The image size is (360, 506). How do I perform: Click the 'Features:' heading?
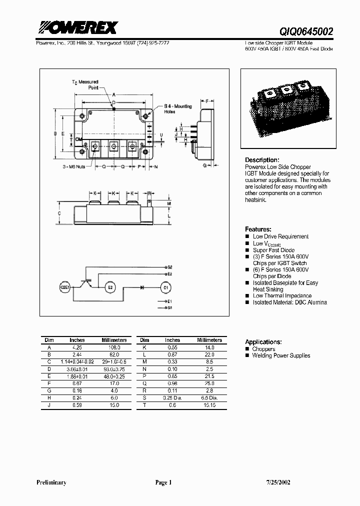tap(258, 229)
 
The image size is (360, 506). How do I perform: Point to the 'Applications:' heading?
tap(263, 341)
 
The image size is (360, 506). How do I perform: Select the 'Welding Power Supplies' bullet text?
tap(281, 355)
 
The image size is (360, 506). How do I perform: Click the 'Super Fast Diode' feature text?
tap(273, 250)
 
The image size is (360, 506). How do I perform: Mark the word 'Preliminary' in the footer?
tap(51, 482)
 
